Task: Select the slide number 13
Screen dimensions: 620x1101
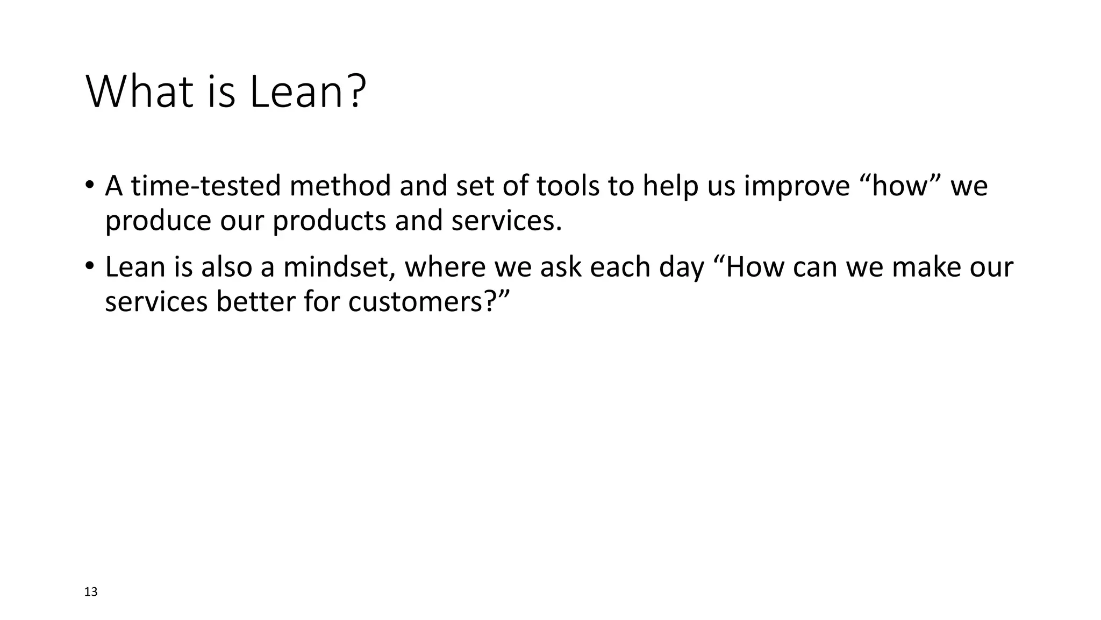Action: [91, 592]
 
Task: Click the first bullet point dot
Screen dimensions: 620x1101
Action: [89, 185]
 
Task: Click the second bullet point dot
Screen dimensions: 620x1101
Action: [89, 266]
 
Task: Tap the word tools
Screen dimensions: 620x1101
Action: [568, 186]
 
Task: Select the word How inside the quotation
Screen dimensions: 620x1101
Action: [755, 267]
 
